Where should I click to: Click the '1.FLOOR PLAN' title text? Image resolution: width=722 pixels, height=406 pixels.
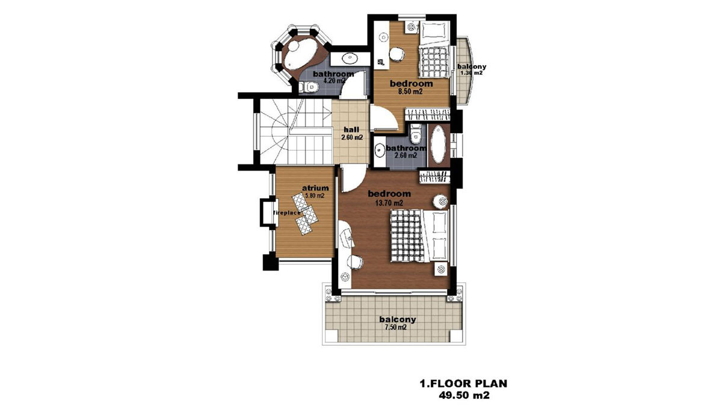(463, 383)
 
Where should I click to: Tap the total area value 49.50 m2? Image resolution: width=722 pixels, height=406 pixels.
(464, 395)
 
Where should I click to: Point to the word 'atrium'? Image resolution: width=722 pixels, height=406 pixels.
(315, 188)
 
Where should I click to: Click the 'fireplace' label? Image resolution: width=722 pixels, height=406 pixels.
(287, 213)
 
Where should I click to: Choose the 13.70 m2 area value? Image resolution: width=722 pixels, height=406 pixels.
(389, 203)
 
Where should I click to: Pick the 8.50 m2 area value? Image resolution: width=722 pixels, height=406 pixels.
(410, 92)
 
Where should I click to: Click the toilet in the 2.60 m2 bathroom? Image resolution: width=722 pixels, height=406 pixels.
(416, 135)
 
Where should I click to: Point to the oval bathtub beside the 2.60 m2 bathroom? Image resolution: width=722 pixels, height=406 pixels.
(439, 144)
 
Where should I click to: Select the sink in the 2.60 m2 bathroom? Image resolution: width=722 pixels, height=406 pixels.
(380, 151)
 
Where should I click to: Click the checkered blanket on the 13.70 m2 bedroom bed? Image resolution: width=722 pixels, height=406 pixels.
(407, 236)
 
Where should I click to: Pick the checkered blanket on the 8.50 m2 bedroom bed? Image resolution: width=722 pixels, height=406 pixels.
(434, 62)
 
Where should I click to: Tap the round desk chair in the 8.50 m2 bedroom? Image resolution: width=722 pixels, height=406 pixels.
(396, 54)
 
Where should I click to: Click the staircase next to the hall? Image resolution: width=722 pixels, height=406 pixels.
(295, 132)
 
